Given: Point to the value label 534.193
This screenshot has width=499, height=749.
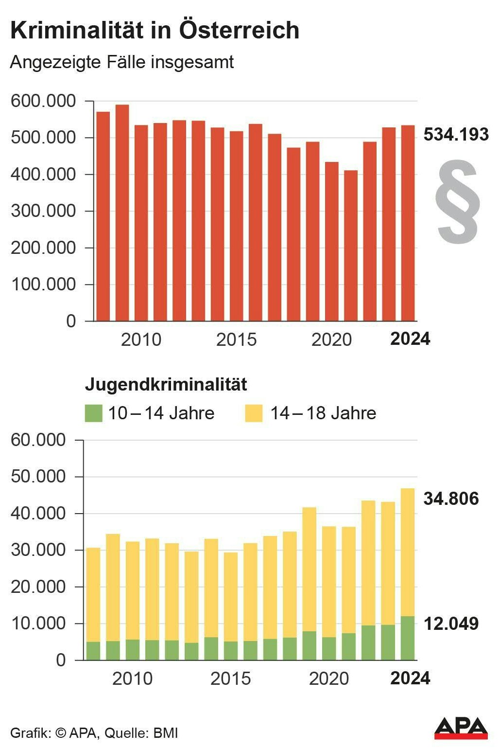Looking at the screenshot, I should [x=456, y=134].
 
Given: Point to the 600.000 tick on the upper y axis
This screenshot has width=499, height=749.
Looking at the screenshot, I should [x=44, y=101].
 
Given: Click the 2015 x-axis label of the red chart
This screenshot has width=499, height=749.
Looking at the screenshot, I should [x=236, y=339].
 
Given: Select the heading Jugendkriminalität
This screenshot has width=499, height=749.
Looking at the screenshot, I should [x=166, y=384].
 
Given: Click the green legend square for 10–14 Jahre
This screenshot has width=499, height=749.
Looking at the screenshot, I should [x=94, y=413].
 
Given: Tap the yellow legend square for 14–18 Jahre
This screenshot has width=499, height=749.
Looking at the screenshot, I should [x=254, y=413].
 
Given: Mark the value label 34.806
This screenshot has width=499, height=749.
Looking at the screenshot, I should [x=451, y=499].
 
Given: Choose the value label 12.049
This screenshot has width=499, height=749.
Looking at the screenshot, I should [x=451, y=624].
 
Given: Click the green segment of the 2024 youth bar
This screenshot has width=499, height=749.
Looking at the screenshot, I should [x=408, y=638].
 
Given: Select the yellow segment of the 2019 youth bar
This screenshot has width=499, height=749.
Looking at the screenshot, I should [x=310, y=569].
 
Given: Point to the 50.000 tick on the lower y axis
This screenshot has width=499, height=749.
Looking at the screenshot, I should [x=38, y=477].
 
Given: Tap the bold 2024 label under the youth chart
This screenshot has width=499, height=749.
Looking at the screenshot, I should [x=410, y=678].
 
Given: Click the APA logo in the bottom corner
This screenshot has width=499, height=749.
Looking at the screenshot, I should [x=461, y=728].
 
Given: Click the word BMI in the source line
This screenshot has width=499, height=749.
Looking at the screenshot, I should [x=166, y=733].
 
